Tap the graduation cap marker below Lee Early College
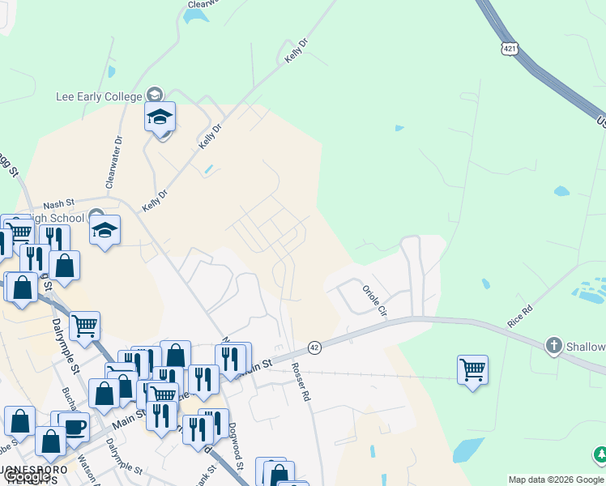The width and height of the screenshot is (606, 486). tap(160, 118)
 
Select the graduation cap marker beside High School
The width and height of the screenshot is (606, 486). tap(105, 231)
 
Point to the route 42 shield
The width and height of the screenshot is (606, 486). tap(315, 347)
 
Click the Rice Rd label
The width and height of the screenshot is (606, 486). tap(520, 315)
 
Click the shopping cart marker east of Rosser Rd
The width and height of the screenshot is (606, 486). tap(472, 370)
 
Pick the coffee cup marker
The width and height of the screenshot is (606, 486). tap(75, 427)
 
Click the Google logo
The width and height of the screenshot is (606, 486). tap(27, 477)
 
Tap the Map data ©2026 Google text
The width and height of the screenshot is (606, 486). tap(557, 480)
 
